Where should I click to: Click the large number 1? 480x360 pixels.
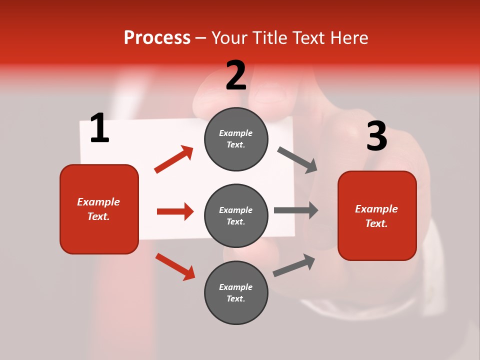(99, 128)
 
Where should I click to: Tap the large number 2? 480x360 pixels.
(236, 75)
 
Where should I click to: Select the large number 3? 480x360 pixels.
(376, 136)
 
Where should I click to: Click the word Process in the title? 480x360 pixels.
(157, 37)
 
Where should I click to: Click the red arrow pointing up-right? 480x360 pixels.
(174, 159)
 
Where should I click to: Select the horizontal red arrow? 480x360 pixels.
(175, 211)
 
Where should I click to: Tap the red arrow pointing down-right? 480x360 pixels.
(175, 266)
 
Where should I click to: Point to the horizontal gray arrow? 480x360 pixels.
(295, 210)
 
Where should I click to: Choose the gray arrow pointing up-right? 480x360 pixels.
(294, 265)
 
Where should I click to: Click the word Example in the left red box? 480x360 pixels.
(98, 202)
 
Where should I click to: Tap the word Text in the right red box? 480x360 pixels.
(376, 223)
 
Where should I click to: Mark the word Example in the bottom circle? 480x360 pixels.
(235, 287)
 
